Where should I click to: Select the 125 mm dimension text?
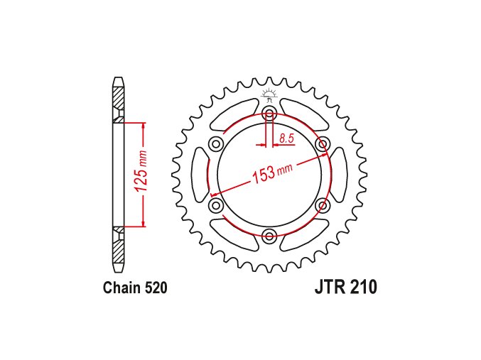point(142,174)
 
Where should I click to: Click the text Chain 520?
point(134,289)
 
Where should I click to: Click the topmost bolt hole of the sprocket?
point(269,114)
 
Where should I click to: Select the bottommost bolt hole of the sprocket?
point(269,236)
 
